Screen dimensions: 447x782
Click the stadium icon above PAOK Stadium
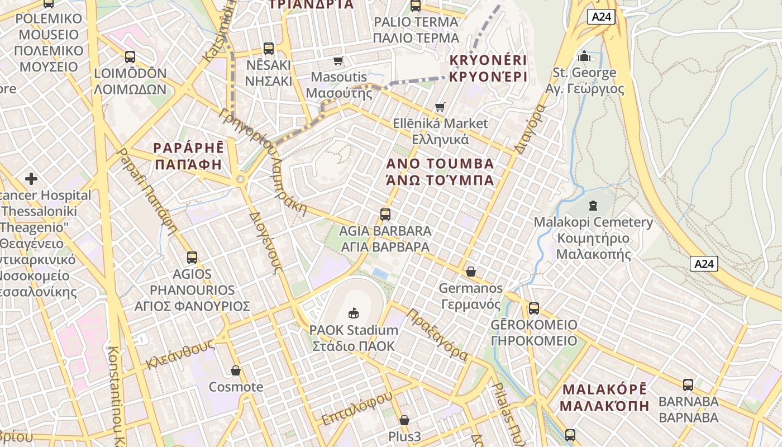[x=354, y=313]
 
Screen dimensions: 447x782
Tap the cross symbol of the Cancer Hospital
[x=31, y=179]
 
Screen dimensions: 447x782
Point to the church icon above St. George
[x=584, y=56]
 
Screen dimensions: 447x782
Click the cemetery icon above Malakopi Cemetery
[x=593, y=205]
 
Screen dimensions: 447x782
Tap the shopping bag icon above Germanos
[x=471, y=272]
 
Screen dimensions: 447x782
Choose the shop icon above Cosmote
[x=236, y=370]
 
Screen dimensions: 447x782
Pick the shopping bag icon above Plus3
[x=404, y=420]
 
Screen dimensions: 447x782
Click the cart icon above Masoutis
[x=338, y=60]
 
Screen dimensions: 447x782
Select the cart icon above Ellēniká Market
[x=440, y=106]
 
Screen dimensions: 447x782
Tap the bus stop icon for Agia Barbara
[x=385, y=214]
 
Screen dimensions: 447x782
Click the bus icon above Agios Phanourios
[x=192, y=257]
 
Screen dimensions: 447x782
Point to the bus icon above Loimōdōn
[x=130, y=56]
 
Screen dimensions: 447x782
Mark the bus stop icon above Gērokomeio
[x=534, y=308]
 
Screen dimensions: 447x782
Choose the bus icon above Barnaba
[x=688, y=384]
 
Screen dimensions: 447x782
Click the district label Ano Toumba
[x=440, y=172]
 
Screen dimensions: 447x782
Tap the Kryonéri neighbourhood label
[x=488, y=68]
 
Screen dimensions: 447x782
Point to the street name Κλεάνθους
[x=180, y=354]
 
